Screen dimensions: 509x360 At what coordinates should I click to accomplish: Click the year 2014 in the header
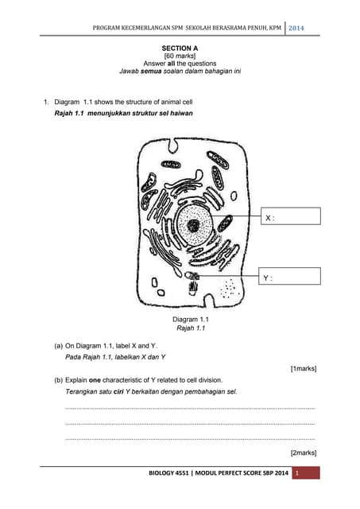click(296, 29)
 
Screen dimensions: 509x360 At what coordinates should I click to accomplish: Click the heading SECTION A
click(180, 49)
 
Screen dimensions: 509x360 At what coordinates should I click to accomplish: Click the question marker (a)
click(59, 347)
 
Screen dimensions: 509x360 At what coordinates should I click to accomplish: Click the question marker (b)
click(59, 379)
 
